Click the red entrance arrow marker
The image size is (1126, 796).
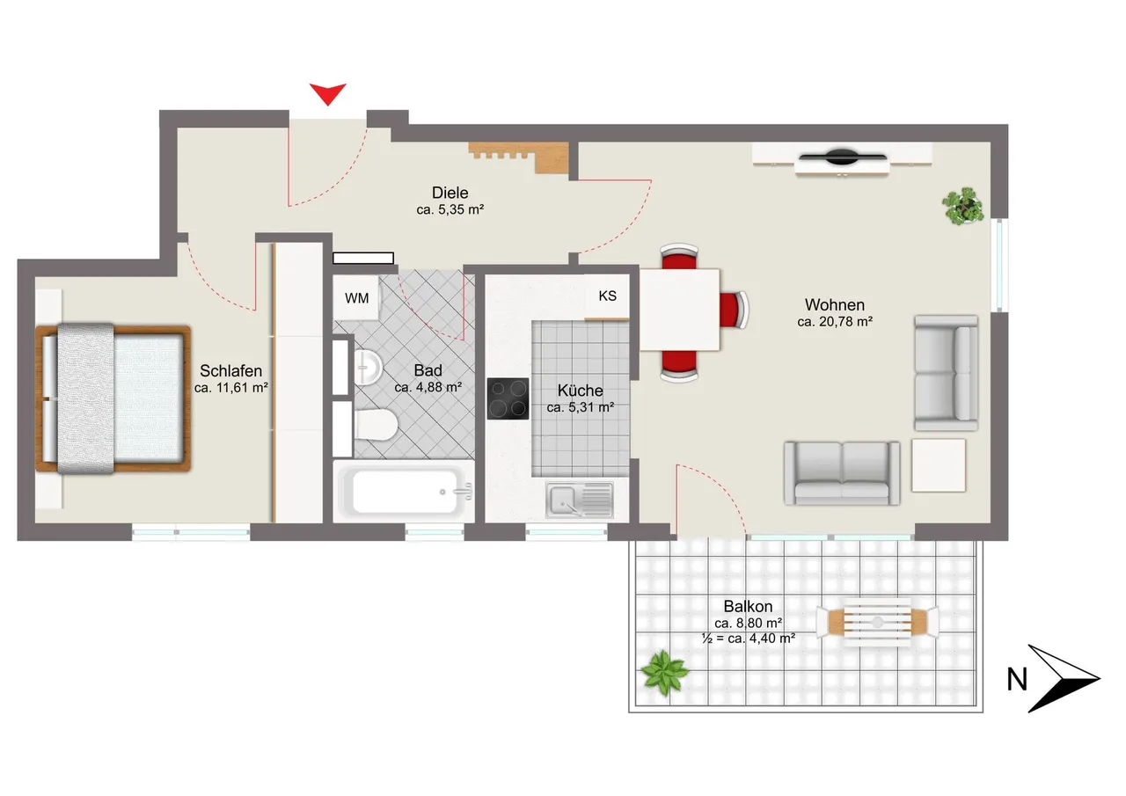[328, 93]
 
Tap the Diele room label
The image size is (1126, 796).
[450, 193]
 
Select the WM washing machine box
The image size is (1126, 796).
[356, 297]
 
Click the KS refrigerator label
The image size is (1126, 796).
[607, 296]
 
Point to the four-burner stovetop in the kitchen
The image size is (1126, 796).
[508, 398]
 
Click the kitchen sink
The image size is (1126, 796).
[580, 500]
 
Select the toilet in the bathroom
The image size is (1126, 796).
[376, 424]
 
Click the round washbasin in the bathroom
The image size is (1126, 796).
[368, 368]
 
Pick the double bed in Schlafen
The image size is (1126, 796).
[113, 398]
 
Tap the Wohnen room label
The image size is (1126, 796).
[835, 304]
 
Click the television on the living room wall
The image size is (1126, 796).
[843, 157]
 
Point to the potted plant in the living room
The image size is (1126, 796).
[963, 206]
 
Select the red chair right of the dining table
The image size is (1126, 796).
[734, 310]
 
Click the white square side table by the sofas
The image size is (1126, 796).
[939, 465]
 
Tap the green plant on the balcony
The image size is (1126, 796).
[664, 673]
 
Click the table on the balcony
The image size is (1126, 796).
[877, 622]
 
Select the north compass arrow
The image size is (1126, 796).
[1064, 678]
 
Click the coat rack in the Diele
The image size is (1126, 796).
[519, 157]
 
